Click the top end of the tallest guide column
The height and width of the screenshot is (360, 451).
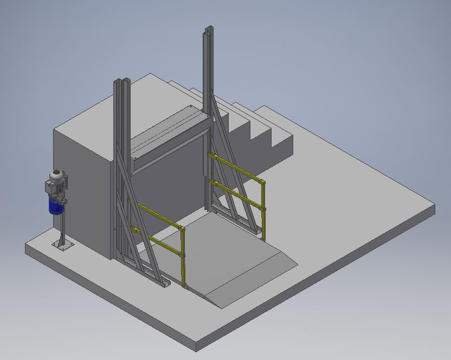pos(207,31)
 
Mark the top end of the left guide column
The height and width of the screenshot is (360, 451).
pos(121,82)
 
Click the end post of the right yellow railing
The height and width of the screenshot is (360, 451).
pos(263,209)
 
